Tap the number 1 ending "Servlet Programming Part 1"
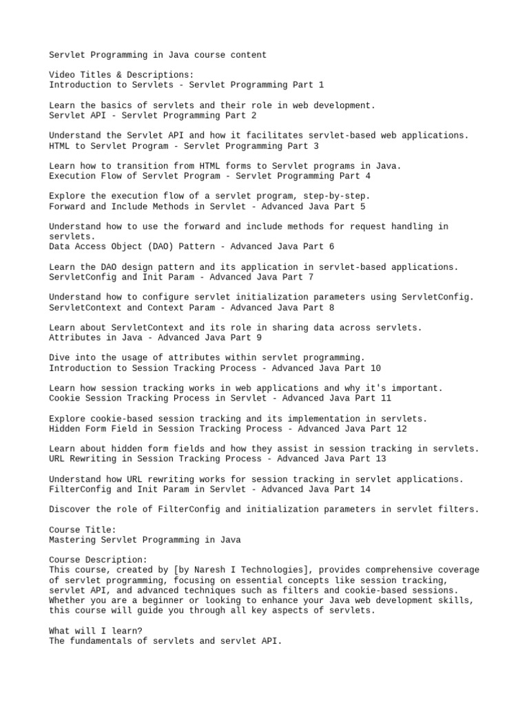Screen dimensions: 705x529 tap(320, 85)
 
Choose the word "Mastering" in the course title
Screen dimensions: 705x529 tap(73, 540)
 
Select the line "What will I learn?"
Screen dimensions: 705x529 tap(96, 631)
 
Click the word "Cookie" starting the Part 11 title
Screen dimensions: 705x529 tap(65, 399)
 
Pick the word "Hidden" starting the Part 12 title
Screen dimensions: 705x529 tap(65, 429)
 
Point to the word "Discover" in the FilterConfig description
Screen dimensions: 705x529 tap(70, 509)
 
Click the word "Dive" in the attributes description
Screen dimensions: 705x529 tap(60, 358)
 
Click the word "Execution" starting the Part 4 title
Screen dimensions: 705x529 tap(73, 176)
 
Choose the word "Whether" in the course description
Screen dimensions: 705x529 tap(68, 601)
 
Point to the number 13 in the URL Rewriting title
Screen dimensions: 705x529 tap(381, 459)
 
